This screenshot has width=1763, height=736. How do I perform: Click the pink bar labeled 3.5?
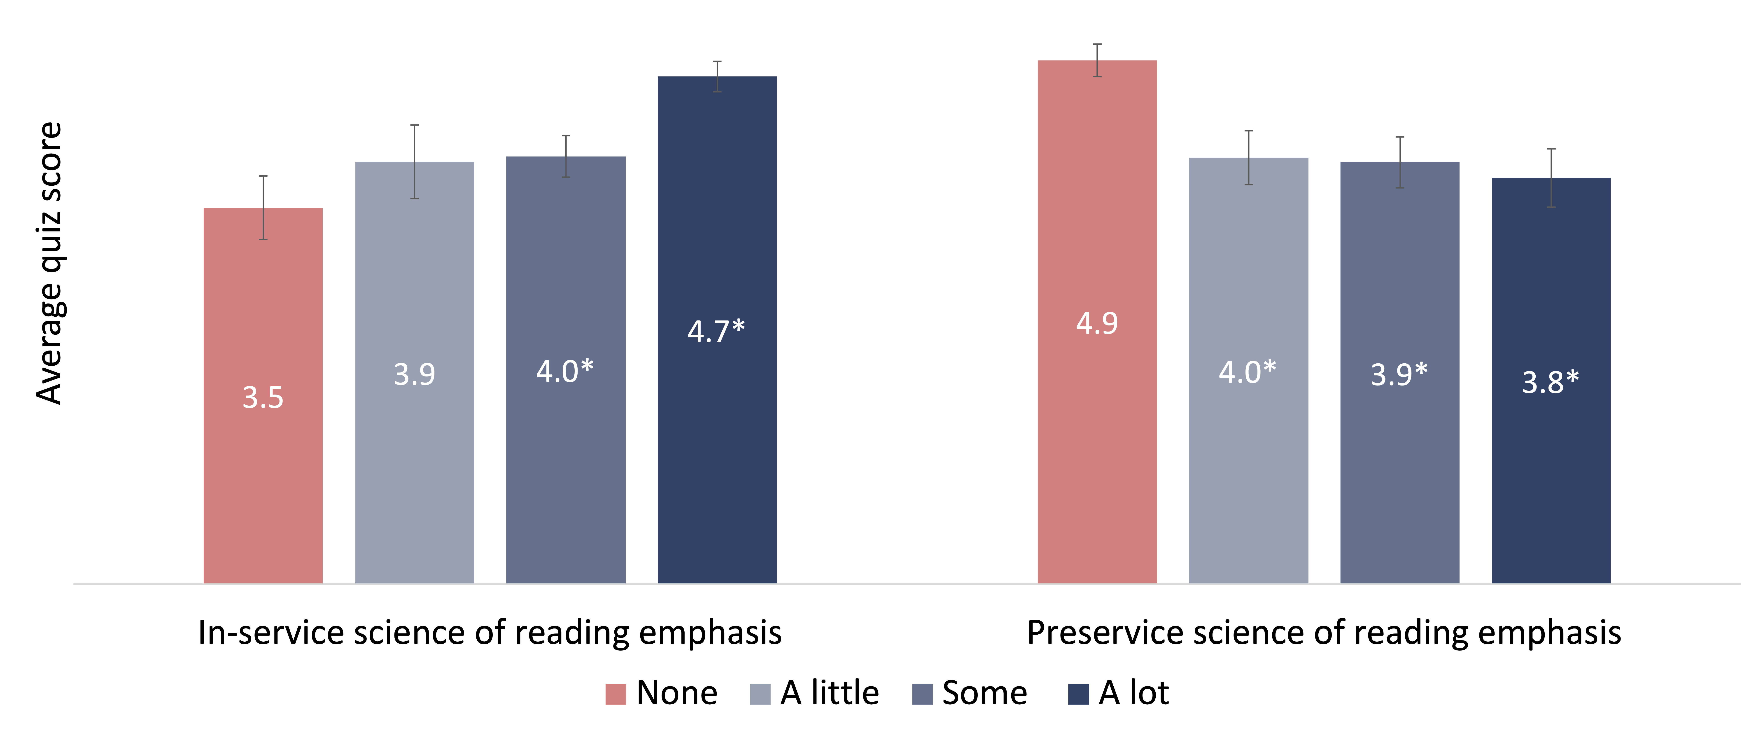263,396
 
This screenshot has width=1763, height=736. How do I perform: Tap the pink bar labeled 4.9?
1097,322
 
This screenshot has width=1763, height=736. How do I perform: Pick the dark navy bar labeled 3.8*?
1551,381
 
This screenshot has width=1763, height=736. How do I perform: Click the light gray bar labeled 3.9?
414,372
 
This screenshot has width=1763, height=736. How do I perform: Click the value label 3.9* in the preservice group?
1399,374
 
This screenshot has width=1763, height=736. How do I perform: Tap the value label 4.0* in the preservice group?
1248,372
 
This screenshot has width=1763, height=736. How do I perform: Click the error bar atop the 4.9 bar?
1097,60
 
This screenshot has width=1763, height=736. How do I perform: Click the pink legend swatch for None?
615,694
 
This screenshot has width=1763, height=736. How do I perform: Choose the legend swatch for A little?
760,694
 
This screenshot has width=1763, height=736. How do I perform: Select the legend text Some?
984,693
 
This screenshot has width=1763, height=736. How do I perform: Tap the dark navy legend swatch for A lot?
1079,694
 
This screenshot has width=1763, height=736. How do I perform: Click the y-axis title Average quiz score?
49,264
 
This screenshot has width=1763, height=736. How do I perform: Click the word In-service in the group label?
271,632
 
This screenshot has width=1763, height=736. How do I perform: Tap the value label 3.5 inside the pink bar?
263,397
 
